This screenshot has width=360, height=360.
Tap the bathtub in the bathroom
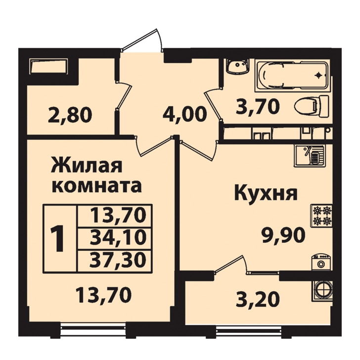pos(293,75)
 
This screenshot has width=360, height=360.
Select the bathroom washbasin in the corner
pos(237,66)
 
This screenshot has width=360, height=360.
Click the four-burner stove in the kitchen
pos(321,216)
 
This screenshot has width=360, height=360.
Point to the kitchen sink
pos(310,156)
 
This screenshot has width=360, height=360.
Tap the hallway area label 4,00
pos(183,114)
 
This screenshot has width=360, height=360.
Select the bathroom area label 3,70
pos(257,106)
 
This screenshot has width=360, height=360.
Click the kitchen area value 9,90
pos(283,235)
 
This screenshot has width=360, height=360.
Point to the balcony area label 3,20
pos(258,300)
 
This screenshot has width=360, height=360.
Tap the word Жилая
pos(87,166)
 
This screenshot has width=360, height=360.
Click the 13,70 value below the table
pos(103,295)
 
